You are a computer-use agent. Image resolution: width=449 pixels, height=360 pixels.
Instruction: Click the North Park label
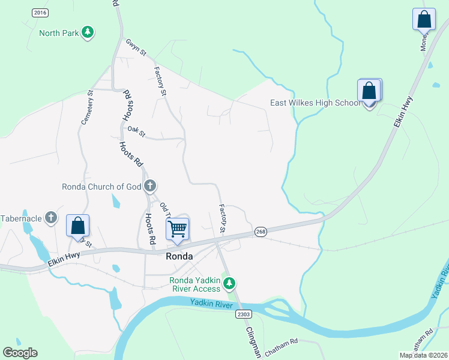58,33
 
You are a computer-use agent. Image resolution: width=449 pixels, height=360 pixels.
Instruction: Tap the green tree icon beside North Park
88,32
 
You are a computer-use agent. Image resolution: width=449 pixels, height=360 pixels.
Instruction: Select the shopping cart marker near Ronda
178,229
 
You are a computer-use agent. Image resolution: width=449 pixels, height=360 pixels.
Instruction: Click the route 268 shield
260,232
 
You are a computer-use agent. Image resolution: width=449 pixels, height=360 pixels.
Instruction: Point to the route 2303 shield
243,314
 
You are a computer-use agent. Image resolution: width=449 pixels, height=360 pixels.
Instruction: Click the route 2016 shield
40,13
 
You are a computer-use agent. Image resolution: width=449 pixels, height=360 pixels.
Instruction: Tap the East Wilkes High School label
315,103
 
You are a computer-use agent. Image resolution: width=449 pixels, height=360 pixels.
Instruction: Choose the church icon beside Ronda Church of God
150,186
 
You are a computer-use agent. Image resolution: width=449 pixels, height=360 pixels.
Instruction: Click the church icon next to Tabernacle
52,218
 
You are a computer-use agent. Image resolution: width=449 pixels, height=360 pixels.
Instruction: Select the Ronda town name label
179,256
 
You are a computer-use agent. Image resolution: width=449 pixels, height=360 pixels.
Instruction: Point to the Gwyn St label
136,48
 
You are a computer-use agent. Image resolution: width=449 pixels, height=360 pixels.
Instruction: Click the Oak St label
136,131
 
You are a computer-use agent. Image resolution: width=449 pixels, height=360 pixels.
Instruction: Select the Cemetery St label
86,108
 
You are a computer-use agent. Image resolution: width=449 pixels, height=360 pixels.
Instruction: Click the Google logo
20,353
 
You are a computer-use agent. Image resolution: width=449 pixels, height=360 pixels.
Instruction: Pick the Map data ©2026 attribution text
423,355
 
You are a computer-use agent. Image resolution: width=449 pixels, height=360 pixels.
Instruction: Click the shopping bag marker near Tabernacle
77,226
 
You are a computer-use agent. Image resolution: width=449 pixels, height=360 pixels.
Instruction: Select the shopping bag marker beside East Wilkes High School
369,92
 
